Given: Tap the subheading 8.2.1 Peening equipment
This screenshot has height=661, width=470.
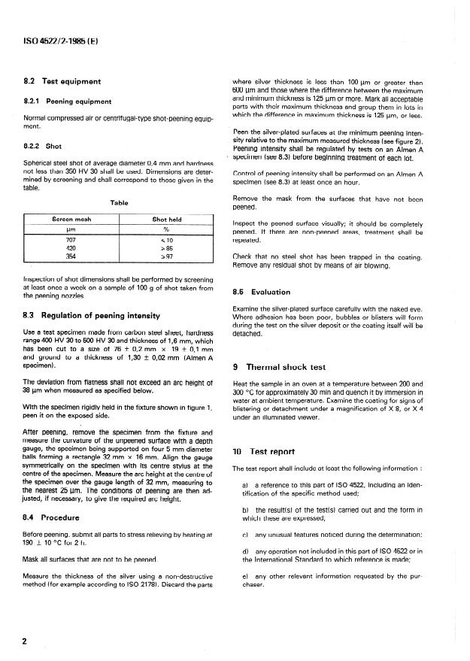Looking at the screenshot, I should (x=69, y=100).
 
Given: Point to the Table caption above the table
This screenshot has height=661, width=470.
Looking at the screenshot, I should (x=120, y=202).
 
